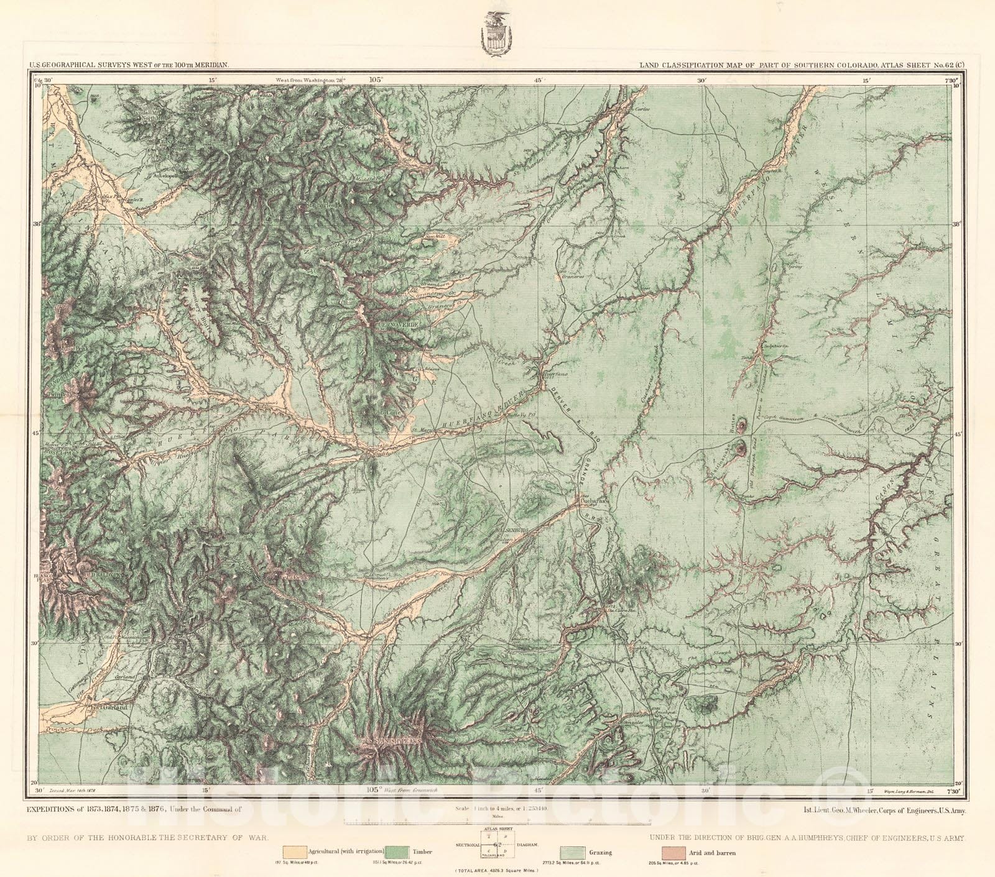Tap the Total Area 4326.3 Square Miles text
pyautogui.click(x=497, y=871)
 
